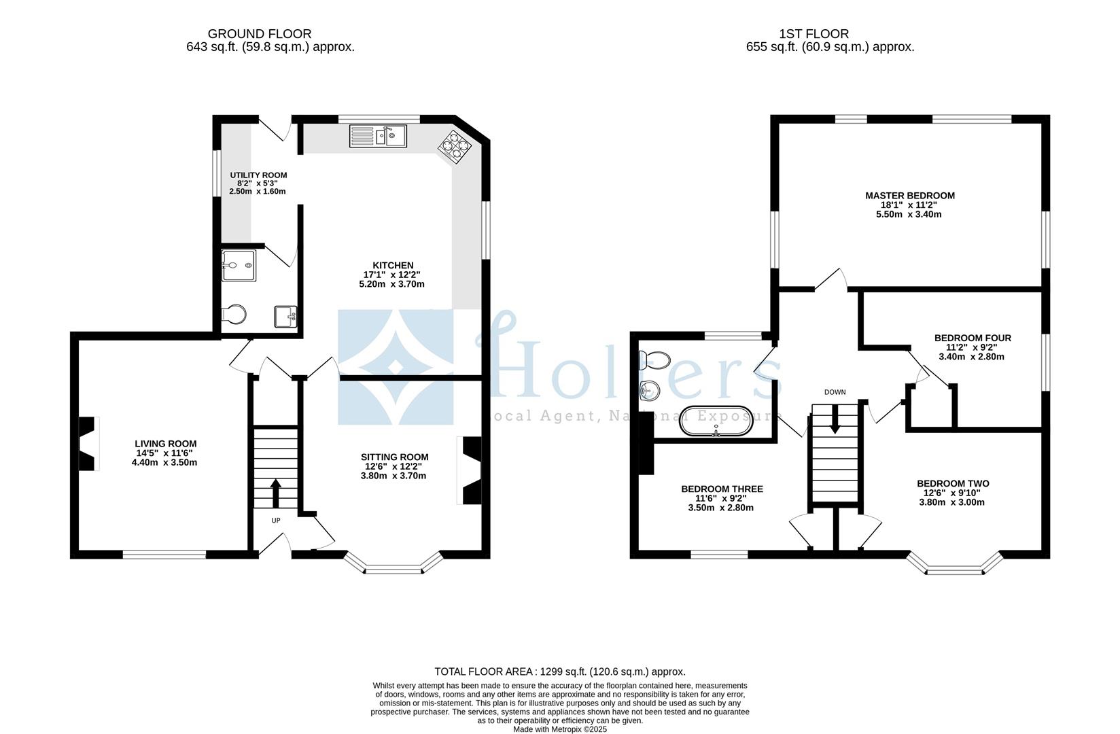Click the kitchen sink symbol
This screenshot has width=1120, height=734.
tap(377, 136)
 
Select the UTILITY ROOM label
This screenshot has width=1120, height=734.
tap(258, 175)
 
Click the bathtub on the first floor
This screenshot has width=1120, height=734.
tap(716, 421)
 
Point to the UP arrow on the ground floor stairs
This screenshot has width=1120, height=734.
tap(275, 493)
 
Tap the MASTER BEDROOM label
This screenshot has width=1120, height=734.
tap(909, 196)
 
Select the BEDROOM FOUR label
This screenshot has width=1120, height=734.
tap(972, 338)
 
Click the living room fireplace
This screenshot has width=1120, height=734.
tap(88, 443)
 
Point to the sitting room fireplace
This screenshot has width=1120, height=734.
tap(471, 470)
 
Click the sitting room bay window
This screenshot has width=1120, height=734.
tap(394, 565)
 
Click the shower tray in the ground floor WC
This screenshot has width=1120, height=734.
tap(239, 266)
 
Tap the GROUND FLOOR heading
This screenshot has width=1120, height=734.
tap(259, 34)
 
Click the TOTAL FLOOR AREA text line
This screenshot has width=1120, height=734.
tap(559, 671)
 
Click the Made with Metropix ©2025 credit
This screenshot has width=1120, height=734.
tap(559, 729)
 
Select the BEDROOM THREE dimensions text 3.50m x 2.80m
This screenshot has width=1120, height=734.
tap(721, 508)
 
